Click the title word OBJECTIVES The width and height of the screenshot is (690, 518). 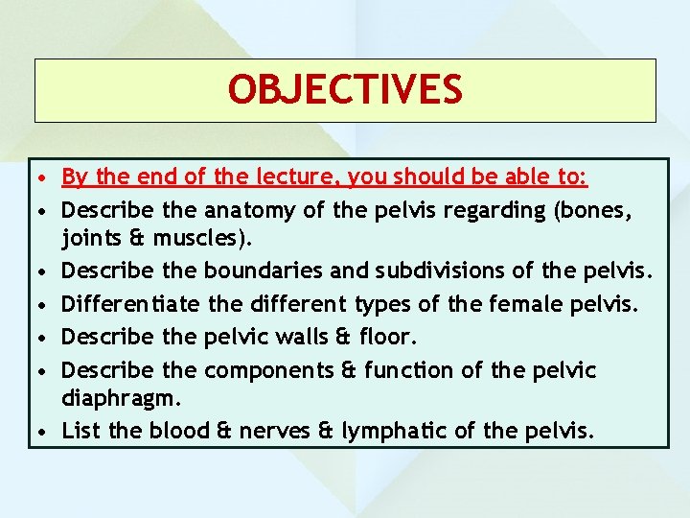click(x=345, y=89)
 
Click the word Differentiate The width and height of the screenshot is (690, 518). click(x=131, y=304)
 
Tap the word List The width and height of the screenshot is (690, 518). click(x=80, y=431)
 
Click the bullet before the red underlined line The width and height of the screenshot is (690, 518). click(x=44, y=178)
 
